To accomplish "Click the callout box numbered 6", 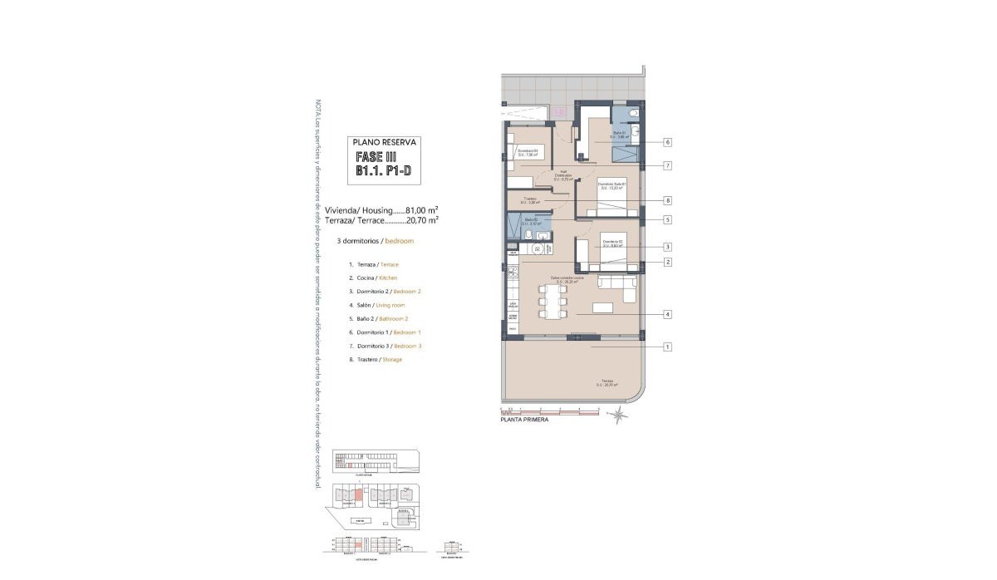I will pyautogui.click(x=667, y=142).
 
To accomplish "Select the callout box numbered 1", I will pyautogui.click(x=667, y=347).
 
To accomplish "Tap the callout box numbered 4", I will pyautogui.click(x=667, y=314).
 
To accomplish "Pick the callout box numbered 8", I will pyautogui.click(x=667, y=200).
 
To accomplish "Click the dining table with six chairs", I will pyautogui.click(x=551, y=302).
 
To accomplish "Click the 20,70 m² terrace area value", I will pyautogui.click(x=422, y=220).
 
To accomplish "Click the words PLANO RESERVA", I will pyautogui.click(x=385, y=142).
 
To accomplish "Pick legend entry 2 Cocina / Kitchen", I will pyautogui.click(x=374, y=278).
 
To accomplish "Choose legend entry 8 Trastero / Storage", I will pyautogui.click(x=376, y=359).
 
